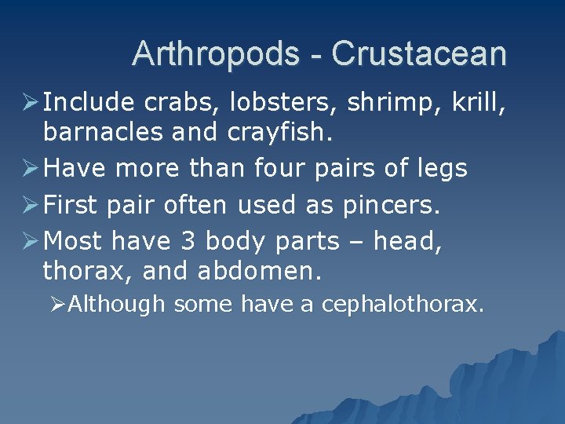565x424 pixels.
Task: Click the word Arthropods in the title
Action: (x=216, y=54)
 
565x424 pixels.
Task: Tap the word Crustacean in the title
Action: (x=419, y=54)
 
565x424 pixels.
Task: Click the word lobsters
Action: (x=276, y=102)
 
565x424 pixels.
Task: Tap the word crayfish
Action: (x=279, y=133)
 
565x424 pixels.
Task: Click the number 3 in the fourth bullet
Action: (x=188, y=240)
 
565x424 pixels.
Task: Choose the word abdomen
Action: (x=260, y=272)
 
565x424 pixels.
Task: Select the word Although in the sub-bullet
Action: (x=117, y=304)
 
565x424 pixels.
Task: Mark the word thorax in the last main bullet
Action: (x=84, y=272)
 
